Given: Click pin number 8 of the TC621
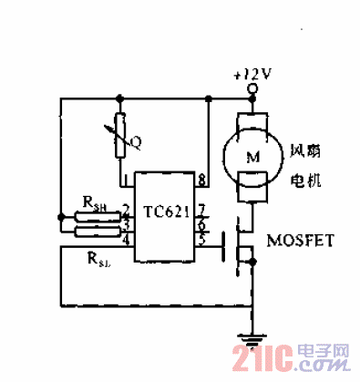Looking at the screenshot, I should [x=201, y=180].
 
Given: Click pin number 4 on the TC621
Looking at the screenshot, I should [x=127, y=241].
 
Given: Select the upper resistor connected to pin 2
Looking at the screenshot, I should [x=91, y=217].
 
